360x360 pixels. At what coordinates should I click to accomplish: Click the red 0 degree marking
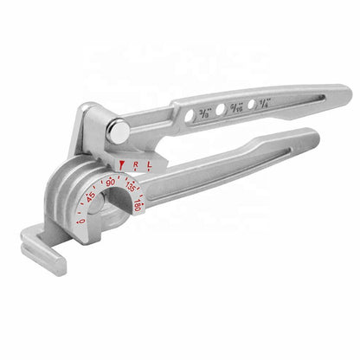click(82, 222)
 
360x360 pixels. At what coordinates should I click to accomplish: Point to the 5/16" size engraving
click(236, 106)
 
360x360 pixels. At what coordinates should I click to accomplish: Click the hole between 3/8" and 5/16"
click(222, 109)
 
